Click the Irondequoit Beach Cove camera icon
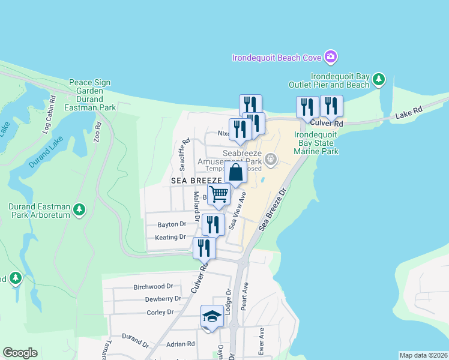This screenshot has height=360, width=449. click(x=330, y=58)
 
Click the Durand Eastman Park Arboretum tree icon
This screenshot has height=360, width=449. click(x=79, y=210)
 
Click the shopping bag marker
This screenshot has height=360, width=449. click(x=236, y=173)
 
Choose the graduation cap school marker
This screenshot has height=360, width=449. click(x=211, y=317)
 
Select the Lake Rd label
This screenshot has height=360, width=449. click(x=409, y=112)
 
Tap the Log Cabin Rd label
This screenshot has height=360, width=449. click(x=49, y=114)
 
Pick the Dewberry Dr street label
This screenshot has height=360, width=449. click(x=163, y=299)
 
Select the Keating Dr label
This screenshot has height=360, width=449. click(x=170, y=237)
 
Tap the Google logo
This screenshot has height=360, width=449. click(x=20, y=353)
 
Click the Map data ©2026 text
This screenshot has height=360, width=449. click(x=423, y=355)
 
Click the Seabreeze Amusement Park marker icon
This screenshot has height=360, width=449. click(x=271, y=158)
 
